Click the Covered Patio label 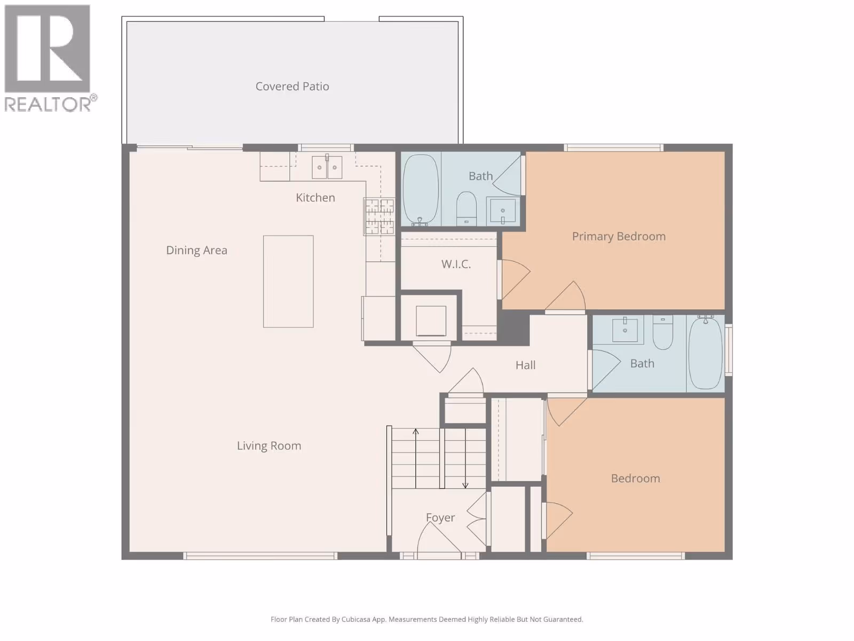pos(292,87)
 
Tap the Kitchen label pos(315,198)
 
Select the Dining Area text pos(196,250)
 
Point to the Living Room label pos(269,446)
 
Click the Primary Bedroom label pos(619,237)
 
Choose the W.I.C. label pos(456,264)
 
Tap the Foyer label pos(440,518)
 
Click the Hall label pos(525,365)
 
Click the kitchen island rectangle pos(288,282)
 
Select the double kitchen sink pos(327,167)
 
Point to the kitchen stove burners pos(379,216)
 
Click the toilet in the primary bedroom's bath pos(466,209)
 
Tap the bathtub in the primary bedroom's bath pos(421,190)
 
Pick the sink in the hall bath pos(625,330)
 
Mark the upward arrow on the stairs pos(415,458)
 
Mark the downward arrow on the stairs pos(465,458)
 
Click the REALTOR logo pos(50,58)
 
